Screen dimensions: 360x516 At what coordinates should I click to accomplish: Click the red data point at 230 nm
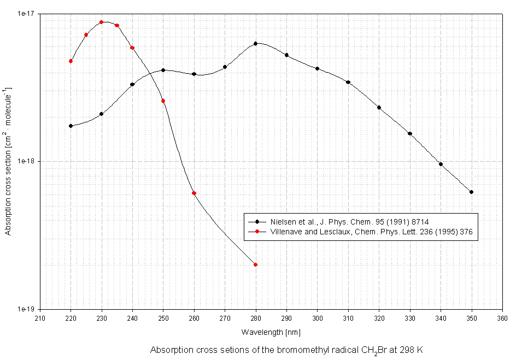102,22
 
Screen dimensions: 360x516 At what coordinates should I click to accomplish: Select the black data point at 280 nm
255,44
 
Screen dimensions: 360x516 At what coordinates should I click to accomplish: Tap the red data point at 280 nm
255,264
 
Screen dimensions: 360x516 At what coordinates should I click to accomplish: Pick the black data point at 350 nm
471,192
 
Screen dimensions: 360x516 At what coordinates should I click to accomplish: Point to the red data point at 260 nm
194,193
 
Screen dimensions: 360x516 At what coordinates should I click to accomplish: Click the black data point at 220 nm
71,126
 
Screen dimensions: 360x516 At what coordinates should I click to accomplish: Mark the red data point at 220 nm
71,61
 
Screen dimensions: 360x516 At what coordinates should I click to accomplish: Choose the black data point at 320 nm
379,107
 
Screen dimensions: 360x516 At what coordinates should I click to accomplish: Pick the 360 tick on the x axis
502,317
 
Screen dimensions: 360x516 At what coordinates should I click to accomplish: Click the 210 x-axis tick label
40,317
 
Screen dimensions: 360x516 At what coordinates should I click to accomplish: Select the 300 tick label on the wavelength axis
317,317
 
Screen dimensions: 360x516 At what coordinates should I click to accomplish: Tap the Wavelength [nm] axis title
271,332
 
